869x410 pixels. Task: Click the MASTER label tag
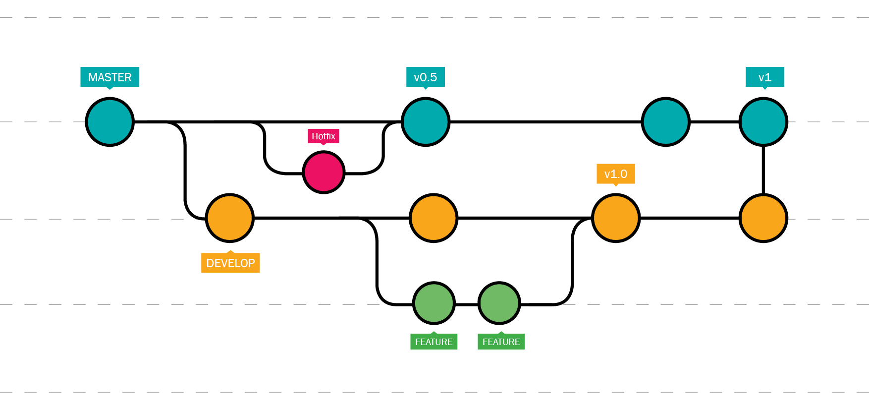pyautogui.click(x=109, y=77)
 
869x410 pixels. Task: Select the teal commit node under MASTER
pyautogui.click(x=109, y=121)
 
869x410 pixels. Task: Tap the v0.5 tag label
pyautogui.click(x=425, y=77)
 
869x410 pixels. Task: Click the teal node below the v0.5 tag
pyautogui.click(x=426, y=121)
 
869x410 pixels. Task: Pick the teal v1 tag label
pyautogui.click(x=764, y=77)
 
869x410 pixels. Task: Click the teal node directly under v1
pyautogui.click(x=763, y=121)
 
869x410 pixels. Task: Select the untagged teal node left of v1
pyautogui.click(x=665, y=121)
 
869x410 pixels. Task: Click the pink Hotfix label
pyautogui.click(x=323, y=136)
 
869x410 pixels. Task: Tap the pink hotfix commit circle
pyautogui.click(x=324, y=172)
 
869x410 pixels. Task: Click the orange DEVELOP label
pyautogui.click(x=230, y=263)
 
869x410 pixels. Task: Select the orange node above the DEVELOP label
pyautogui.click(x=230, y=218)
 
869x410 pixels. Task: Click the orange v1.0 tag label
pyautogui.click(x=615, y=174)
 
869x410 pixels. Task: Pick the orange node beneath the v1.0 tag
pyautogui.click(x=616, y=218)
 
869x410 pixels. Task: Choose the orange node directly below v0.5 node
pyautogui.click(x=434, y=218)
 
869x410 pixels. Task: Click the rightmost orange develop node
pyautogui.click(x=763, y=218)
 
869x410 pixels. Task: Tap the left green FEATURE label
pyautogui.click(x=434, y=342)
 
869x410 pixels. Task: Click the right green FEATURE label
pyautogui.click(x=501, y=342)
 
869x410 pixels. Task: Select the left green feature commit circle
pyautogui.click(x=434, y=303)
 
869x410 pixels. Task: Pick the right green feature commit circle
pyautogui.click(x=499, y=303)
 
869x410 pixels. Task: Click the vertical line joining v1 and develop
pyautogui.click(x=763, y=170)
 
